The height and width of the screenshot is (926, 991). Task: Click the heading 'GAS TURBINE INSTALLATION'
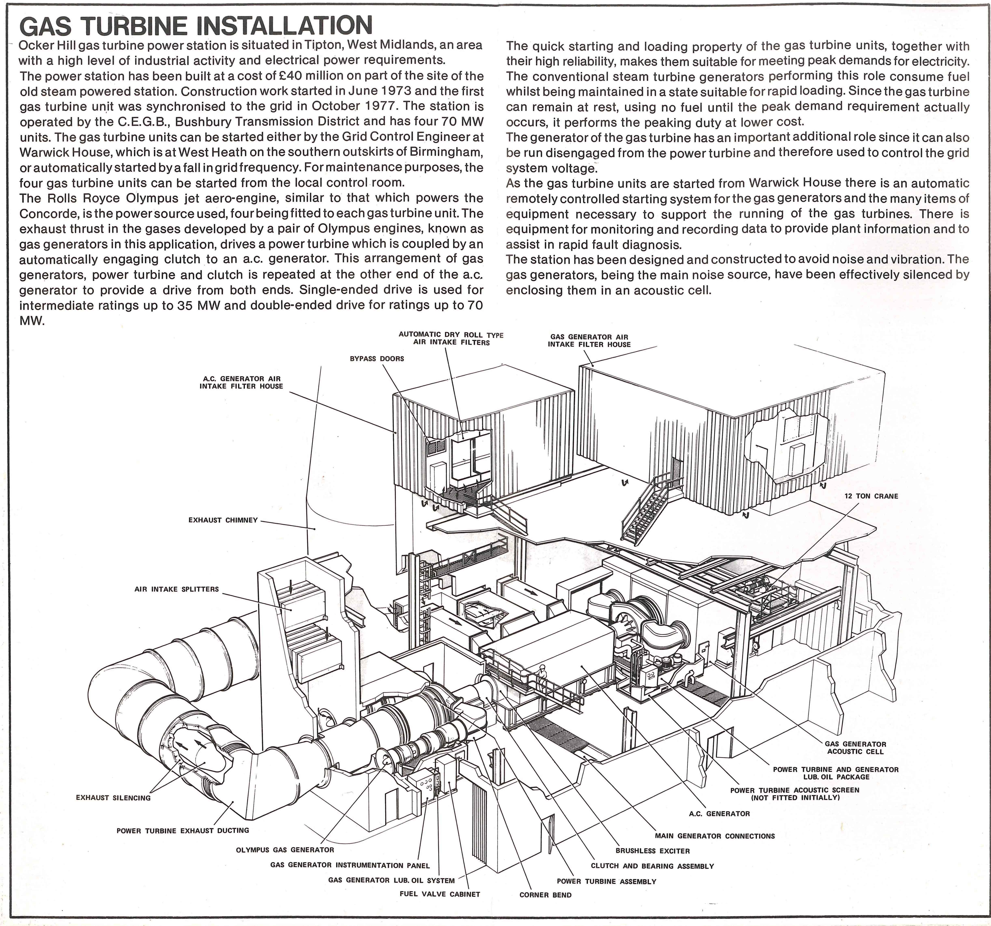[x=196, y=25]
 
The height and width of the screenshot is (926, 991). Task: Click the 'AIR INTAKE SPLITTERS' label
[x=177, y=589]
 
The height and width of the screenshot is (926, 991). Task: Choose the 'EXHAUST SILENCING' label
[x=113, y=798]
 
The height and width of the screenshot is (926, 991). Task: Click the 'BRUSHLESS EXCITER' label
[x=652, y=851]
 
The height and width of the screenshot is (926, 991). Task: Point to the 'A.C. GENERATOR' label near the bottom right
[x=719, y=814]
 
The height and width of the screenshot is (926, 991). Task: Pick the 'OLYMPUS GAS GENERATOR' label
[x=285, y=850]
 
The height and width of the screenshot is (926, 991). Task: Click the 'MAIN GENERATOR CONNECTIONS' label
[x=715, y=836]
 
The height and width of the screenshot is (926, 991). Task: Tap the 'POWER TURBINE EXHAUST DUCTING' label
[x=183, y=831]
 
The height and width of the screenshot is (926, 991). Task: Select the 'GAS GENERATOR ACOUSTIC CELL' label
[x=855, y=748]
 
